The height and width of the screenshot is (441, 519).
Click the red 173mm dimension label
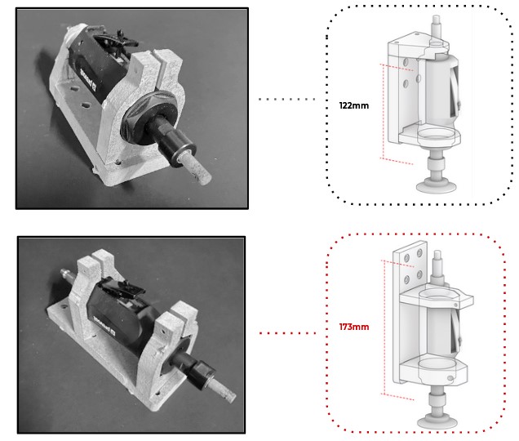point(353,327)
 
